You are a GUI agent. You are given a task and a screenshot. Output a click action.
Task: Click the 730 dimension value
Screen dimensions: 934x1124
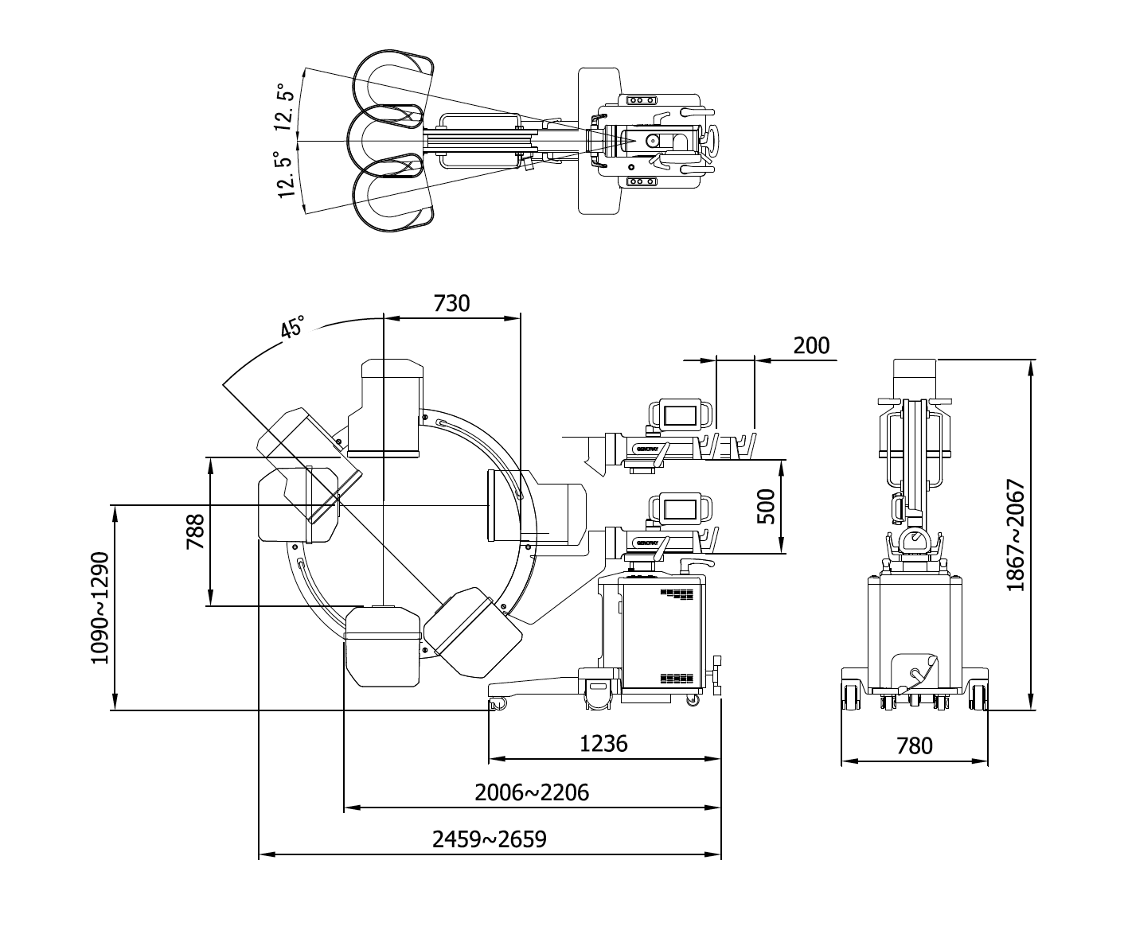tap(451, 303)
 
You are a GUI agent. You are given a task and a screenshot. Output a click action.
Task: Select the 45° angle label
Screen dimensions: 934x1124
tap(292, 328)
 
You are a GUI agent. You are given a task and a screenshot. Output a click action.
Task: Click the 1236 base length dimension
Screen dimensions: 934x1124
tap(603, 743)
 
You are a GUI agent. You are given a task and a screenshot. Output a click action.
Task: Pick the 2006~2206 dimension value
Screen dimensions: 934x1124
tap(532, 792)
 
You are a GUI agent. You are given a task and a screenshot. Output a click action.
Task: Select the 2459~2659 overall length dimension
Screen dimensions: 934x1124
tap(490, 839)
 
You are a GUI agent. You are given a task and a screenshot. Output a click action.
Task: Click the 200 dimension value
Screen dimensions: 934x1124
tap(811, 345)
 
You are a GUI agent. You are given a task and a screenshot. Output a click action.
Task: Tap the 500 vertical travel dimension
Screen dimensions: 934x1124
tap(765, 507)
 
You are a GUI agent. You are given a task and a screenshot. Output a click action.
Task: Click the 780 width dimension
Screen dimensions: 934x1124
tap(914, 746)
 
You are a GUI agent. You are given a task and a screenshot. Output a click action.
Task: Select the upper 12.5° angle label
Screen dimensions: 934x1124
tap(284, 107)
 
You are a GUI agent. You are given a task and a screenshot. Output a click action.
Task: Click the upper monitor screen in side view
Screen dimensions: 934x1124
tap(680, 415)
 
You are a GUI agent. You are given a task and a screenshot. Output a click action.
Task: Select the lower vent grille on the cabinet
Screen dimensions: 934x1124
tap(677, 678)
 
